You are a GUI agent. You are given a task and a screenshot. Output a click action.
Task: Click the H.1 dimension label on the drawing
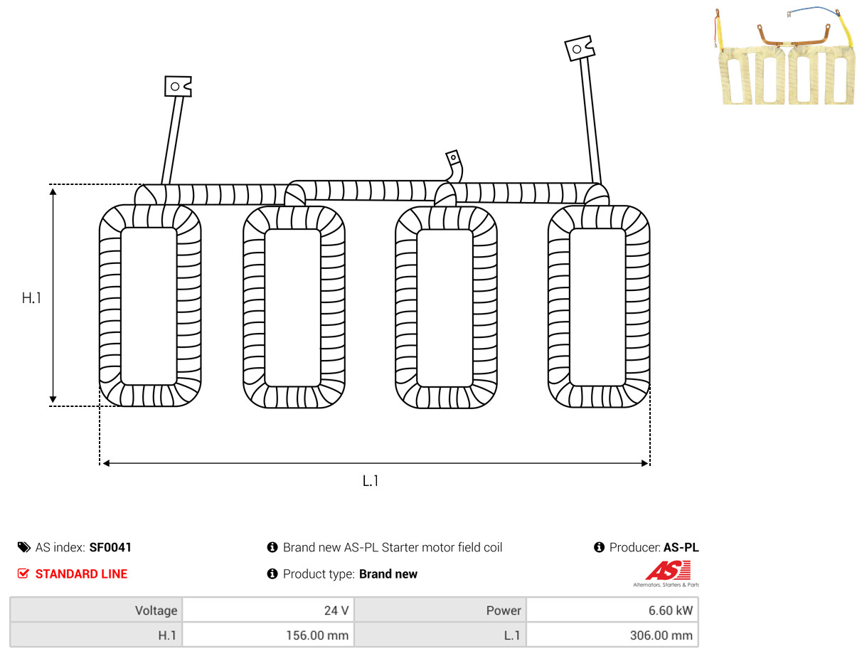click(31, 298)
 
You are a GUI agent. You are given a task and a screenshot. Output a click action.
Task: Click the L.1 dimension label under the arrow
click(370, 481)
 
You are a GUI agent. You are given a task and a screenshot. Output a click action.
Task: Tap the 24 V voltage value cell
click(268, 610)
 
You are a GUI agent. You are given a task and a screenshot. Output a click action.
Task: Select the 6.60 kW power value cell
click(612, 610)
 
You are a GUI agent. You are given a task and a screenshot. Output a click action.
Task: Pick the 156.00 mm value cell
click(268, 635)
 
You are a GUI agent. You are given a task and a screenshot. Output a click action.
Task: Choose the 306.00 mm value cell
click(612, 635)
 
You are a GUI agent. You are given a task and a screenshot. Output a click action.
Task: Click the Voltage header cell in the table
click(96, 610)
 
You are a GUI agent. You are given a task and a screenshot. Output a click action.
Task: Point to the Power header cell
click(440, 610)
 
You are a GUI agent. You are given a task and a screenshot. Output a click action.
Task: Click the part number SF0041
click(110, 547)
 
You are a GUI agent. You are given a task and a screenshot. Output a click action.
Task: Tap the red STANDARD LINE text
click(81, 574)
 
